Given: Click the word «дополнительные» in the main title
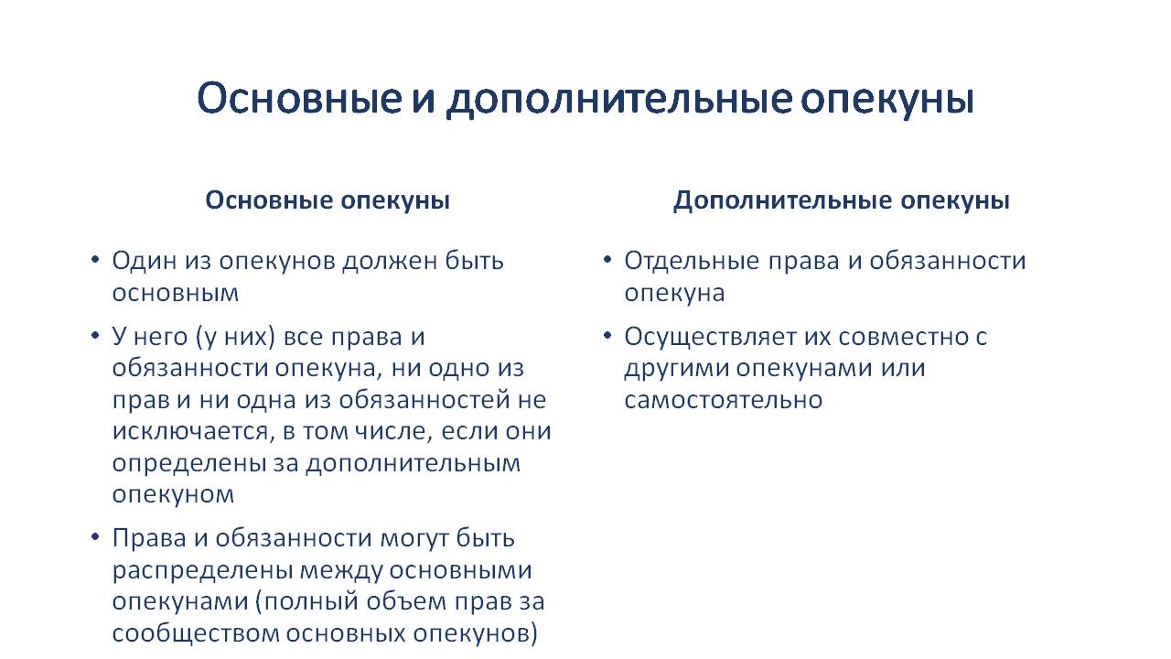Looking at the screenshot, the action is click(x=619, y=100).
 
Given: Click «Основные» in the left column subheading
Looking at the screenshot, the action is click(x=269, y=200).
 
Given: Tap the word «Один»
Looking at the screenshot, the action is click(x=145, y=262).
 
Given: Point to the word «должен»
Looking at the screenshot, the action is click(x=390, y=262).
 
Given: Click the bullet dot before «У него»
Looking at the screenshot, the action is click(x=94, y=335).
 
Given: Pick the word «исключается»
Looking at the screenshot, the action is click(x=193, y=431).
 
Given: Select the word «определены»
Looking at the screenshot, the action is click(x=189, y=464).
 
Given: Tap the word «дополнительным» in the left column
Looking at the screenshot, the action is click(x=413, y=464).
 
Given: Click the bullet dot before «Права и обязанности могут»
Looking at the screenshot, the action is click(x=94, y=536).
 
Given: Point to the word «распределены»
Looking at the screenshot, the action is click(x=202, y=571).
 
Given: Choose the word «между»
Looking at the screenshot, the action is click(x=341, y=571).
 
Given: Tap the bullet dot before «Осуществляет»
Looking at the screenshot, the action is click(x=607, y=335).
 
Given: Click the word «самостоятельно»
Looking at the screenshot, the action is click(x=724, y=400).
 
